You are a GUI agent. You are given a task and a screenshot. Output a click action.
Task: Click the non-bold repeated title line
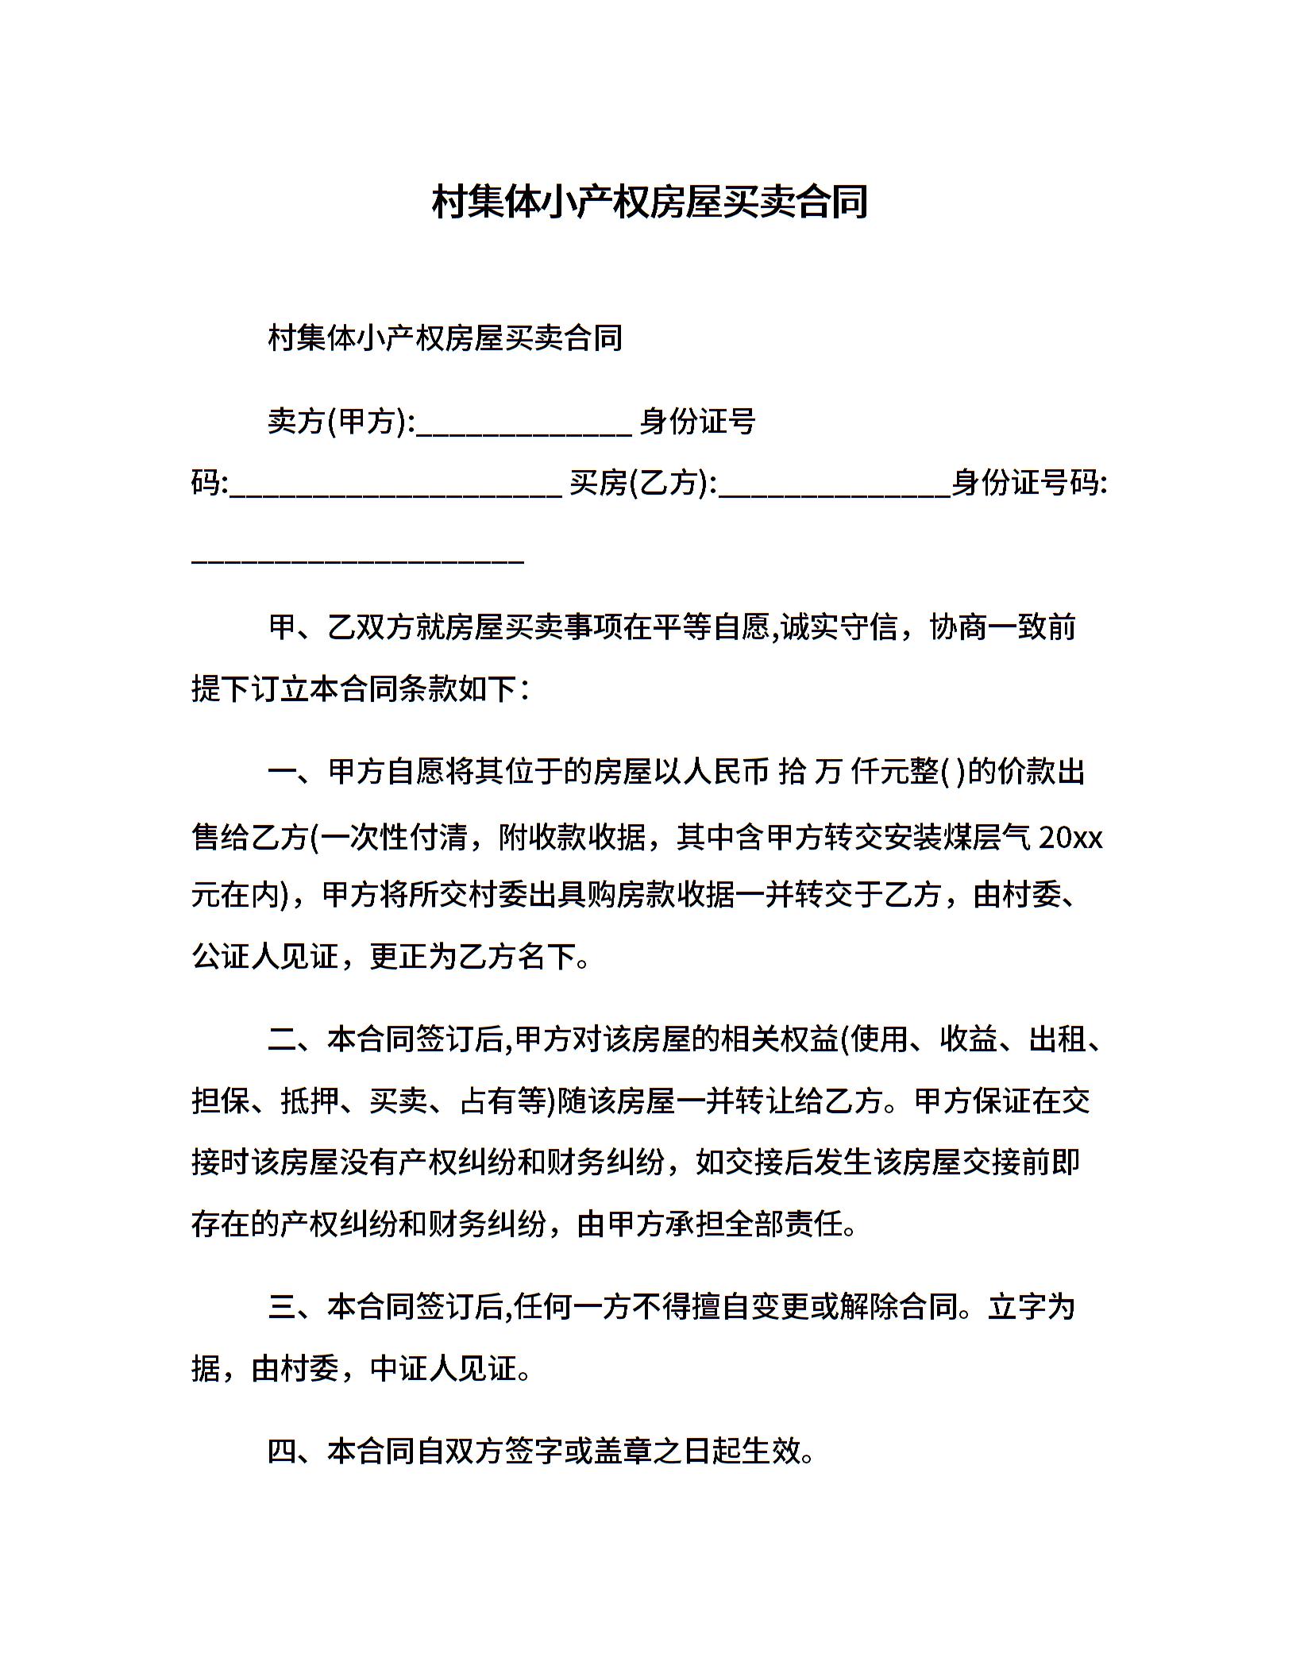445,338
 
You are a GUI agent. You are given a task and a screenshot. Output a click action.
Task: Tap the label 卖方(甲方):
341,422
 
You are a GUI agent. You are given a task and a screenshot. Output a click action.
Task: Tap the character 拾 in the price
793,772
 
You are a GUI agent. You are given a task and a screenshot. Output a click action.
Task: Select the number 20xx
1070,838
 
